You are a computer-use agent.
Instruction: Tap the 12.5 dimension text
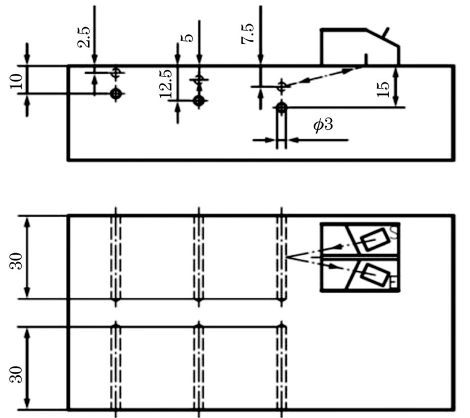(x=166, y=83)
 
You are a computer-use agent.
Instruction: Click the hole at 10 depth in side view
(x=116, y=93)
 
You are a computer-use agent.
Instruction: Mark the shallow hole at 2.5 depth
(x=116, y=73)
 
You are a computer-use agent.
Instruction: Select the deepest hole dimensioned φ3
(x=283, y=107)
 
